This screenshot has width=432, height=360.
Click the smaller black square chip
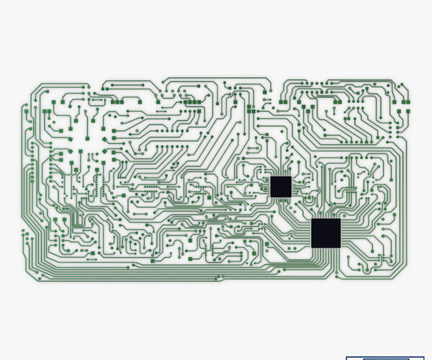[x=281, y=186]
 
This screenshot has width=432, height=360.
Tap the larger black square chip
[x=326, y=233]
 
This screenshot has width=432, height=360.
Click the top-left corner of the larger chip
[x=312, y=219]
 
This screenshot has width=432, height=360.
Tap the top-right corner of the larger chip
[x=341, y=219]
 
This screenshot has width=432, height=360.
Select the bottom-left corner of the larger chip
[x=312, y=247]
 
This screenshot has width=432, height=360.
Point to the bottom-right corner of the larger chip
[x=341, y=247]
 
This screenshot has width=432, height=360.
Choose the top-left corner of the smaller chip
[x=271, y=176]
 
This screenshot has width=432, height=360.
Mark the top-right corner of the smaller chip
[x=291, y=176]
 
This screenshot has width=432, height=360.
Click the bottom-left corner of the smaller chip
[x=271, y=197]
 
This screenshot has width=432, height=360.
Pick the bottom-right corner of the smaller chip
[x=291, y=197]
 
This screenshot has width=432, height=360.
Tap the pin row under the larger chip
[x=326, y=251]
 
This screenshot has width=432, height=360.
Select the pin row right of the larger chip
[x=344, y=233]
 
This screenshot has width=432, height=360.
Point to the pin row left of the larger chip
[x=308, y=233]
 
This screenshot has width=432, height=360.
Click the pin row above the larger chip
[x=326, y=215]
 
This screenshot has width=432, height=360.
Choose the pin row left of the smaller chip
[x=268, y=186]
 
